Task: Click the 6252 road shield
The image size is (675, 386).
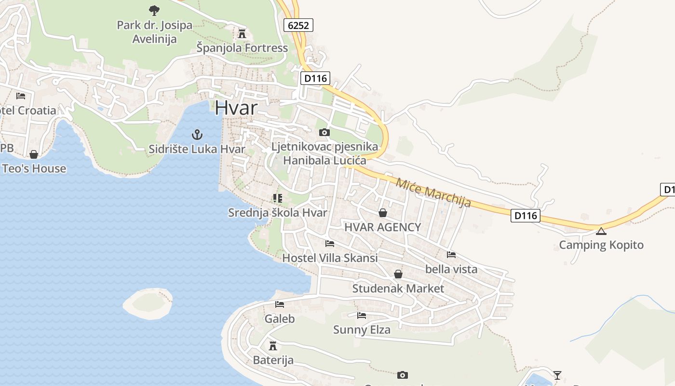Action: pos(298,25)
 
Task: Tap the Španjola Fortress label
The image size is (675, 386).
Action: pos(242,48)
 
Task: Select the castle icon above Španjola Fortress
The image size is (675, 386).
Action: pos(242,33)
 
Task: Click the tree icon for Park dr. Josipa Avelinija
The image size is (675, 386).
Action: pos(154,10)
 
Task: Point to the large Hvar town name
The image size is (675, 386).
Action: pos(236,108)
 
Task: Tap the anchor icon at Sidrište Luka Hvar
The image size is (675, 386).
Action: pos(197,134)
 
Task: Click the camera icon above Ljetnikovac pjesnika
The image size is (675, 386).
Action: pos(324,132)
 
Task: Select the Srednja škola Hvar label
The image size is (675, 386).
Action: pos(278,212)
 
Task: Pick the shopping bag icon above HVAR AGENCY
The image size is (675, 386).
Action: pos(383,212)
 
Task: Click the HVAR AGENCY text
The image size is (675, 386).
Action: pos(383,227)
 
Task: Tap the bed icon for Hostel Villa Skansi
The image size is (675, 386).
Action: pos(330,243)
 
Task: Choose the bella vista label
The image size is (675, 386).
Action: pos(451,269)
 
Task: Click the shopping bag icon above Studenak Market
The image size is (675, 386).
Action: pos(398,274)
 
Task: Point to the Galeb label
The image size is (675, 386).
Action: pos(280,318)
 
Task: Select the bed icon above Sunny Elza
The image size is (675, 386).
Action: pos(362,316)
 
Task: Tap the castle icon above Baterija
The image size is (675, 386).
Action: pos(273,345)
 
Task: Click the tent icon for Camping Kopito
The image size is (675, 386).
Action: pos(601,231)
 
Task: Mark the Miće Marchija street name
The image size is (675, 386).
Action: pos(433,192)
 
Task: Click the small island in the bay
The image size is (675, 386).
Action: pos(148,303)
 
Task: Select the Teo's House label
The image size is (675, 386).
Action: pos(34,168)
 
